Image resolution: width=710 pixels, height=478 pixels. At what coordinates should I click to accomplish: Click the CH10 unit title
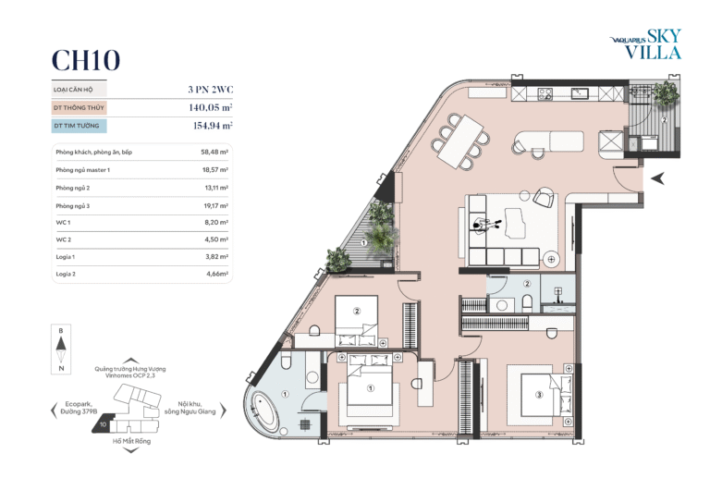tap(86, 60)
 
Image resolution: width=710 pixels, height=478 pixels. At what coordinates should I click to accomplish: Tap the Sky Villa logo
tap(646, 44)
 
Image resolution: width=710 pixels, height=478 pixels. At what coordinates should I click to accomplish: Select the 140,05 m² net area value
tap(211, 107)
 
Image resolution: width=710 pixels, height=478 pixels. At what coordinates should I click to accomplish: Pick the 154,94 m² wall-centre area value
tap(213, 126)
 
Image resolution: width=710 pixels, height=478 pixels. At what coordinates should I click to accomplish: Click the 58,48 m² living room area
tap(214, 152)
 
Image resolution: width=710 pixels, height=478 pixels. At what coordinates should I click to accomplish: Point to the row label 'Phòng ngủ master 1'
tap(83, 170)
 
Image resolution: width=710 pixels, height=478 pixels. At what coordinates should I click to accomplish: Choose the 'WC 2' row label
tap(64, 239)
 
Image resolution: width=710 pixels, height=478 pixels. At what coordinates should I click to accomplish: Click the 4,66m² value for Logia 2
tap(217, 274)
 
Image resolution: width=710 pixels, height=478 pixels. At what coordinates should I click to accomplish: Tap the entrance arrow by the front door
tap(658, 178)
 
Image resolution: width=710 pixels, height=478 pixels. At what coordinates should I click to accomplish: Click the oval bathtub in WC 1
tap(266, 411)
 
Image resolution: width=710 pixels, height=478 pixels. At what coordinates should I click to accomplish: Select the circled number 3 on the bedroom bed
tap(539, 395)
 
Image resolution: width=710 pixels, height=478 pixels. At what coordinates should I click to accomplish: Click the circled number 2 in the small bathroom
tap(527, 284)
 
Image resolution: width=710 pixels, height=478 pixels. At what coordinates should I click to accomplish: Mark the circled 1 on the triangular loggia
tap(363, 243)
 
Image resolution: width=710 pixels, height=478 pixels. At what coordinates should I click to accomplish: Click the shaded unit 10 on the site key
tap(102, 424)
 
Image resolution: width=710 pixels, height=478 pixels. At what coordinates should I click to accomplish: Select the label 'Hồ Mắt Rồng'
tap(132, 441)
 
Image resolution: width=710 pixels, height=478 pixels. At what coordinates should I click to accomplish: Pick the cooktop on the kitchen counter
tap(545, 93)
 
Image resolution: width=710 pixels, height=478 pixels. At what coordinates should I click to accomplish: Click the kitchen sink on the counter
tap(579, 93)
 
